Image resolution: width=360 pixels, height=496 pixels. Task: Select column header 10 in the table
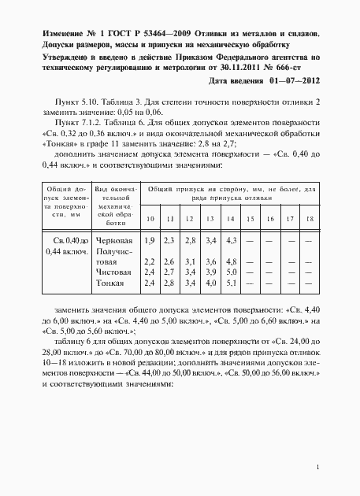click(x=150, y=218)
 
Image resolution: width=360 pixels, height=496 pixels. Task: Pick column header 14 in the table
click(x=231, y=218)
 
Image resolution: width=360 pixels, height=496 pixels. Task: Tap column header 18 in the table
click(x=310, y=218)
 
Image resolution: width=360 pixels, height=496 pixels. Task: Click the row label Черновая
click(x=109, y=239)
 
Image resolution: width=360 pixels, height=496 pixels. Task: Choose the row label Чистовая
click(x=109, y=271)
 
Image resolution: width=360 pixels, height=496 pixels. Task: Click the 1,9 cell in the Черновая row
click(x=150, y=239)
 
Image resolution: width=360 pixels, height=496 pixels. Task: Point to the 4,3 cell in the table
click(x=232, y=239)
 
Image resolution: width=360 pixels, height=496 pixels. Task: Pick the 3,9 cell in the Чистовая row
click(x=210, y=271)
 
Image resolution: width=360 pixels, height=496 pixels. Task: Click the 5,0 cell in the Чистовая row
click(x=232, y=271)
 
